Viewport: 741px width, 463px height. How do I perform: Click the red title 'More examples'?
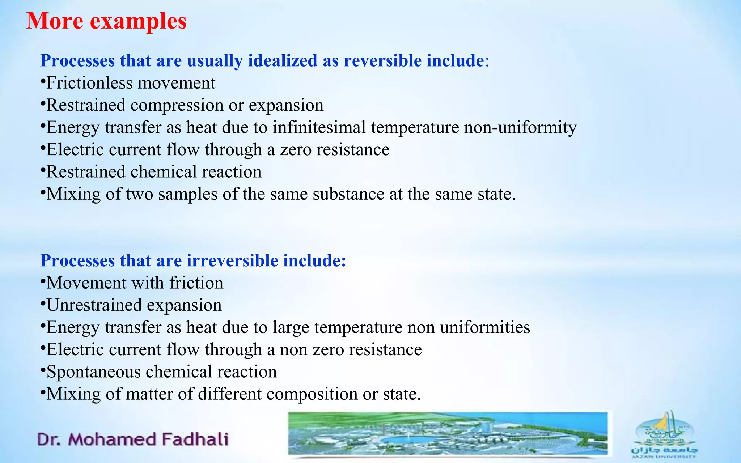click(107, 21)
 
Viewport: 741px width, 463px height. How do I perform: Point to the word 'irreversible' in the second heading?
click(232, 261)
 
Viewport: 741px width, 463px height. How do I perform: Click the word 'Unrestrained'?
click(94, 305)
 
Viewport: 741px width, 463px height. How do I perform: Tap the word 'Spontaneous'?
click(94, 372)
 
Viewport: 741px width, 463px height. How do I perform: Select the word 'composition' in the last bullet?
click(312, 394)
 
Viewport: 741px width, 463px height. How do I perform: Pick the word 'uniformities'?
click(485, 327)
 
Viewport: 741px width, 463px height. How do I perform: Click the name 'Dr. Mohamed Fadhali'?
click(133, 439)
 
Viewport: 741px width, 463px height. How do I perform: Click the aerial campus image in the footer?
click(448, 434)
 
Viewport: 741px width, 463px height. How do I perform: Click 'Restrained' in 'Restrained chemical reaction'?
click(86, 172)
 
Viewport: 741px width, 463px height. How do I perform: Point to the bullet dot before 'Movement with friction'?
click(43, 281)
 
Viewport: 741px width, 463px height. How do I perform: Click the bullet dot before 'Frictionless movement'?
click(43, 81)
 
